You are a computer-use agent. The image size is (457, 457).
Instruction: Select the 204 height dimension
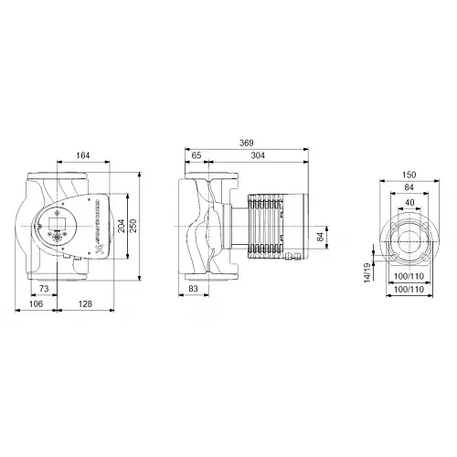122,227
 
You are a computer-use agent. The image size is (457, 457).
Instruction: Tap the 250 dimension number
135,227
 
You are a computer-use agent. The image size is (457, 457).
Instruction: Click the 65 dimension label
197,156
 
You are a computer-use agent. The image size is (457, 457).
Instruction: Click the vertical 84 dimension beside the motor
320,237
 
